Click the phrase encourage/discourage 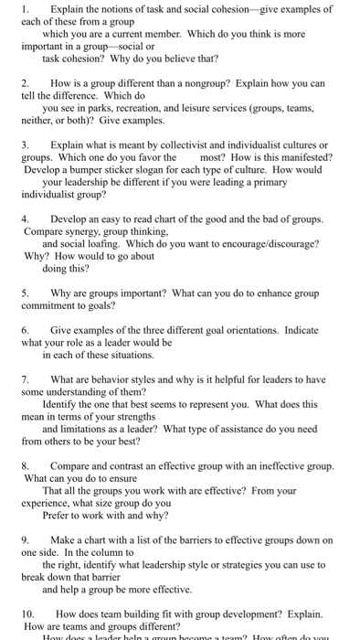256,244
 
